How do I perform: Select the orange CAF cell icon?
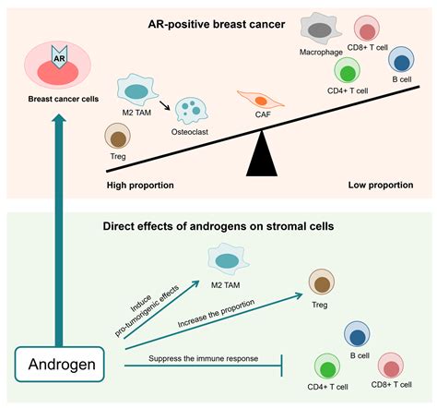tap(259, 101)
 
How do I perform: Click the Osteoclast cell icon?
tap(193, 111)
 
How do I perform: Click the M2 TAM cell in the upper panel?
tap(136, 90)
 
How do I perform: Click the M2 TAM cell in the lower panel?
tap(228, 254)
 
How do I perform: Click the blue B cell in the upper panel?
tap(400, 63)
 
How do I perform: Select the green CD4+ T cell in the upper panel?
tap(349, 71)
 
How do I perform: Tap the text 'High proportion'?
tap(141, 185)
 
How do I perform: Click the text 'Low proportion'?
tap(381, 185)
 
